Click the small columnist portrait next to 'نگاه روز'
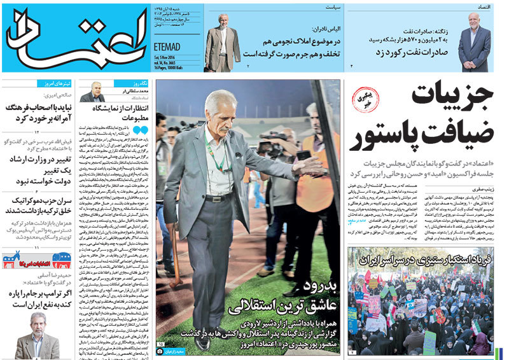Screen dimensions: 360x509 pos(94,92)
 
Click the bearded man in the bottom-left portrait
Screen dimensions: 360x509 pos(37,335)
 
